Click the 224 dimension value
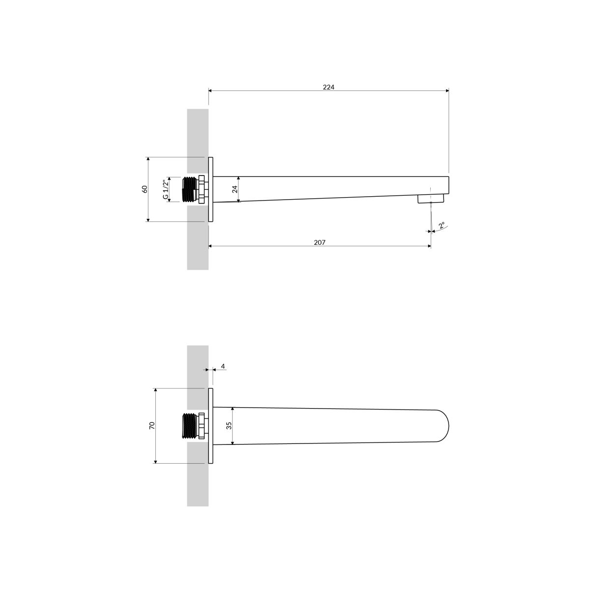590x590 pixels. (328, 87)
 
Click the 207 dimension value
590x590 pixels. (320, 242)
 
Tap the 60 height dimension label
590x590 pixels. (145, 189)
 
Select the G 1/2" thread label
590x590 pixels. (165, 189)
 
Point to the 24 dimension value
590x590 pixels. (235, 189)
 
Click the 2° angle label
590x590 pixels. (442, 226)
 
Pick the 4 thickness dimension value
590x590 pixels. (223, 366)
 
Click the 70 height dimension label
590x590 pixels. (152, 426)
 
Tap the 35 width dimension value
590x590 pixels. (229, 426)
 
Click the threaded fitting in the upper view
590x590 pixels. (195, 189)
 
